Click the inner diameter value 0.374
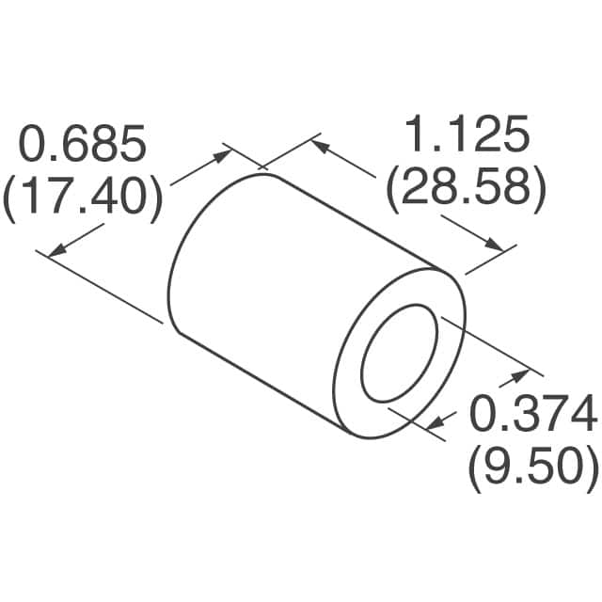click(x=532, y=414)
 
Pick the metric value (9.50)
click(x=532, y=465)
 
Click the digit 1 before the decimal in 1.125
click(x=415, y=138)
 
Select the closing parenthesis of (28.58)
click(x=539, y=190)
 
